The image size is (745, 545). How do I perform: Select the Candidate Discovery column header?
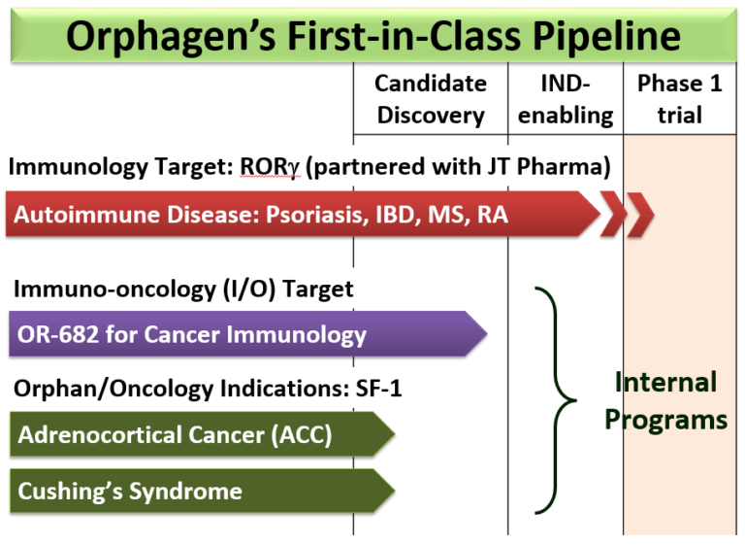coord(431,99)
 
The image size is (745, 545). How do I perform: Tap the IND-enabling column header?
coord(565,99)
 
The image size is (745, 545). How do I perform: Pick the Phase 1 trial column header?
coord(679,99)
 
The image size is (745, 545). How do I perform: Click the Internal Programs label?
coord(665,400)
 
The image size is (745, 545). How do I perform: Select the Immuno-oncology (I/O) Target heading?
coord(183,289)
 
